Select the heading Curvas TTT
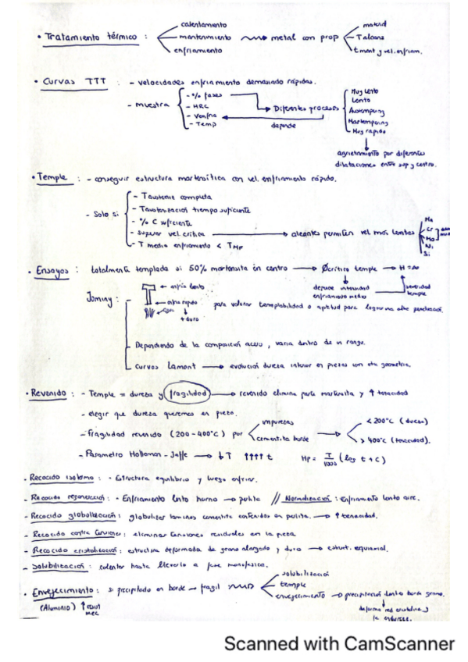[72, 81]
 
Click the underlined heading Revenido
[48, 393]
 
